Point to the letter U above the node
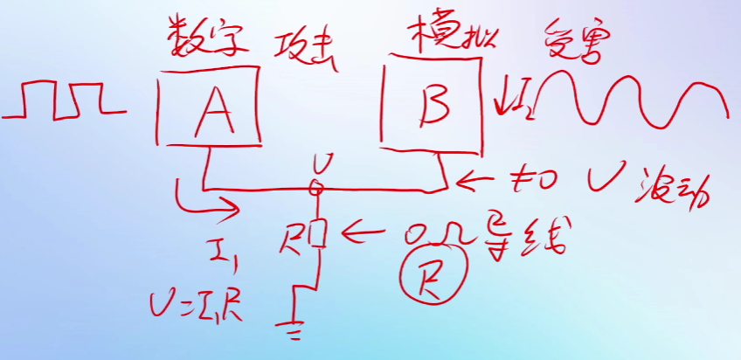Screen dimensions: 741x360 coord(322,163)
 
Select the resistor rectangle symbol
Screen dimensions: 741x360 coord(318,233)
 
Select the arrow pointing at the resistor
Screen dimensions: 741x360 coord(366,233)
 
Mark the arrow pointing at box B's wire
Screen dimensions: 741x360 coord(478,180)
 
